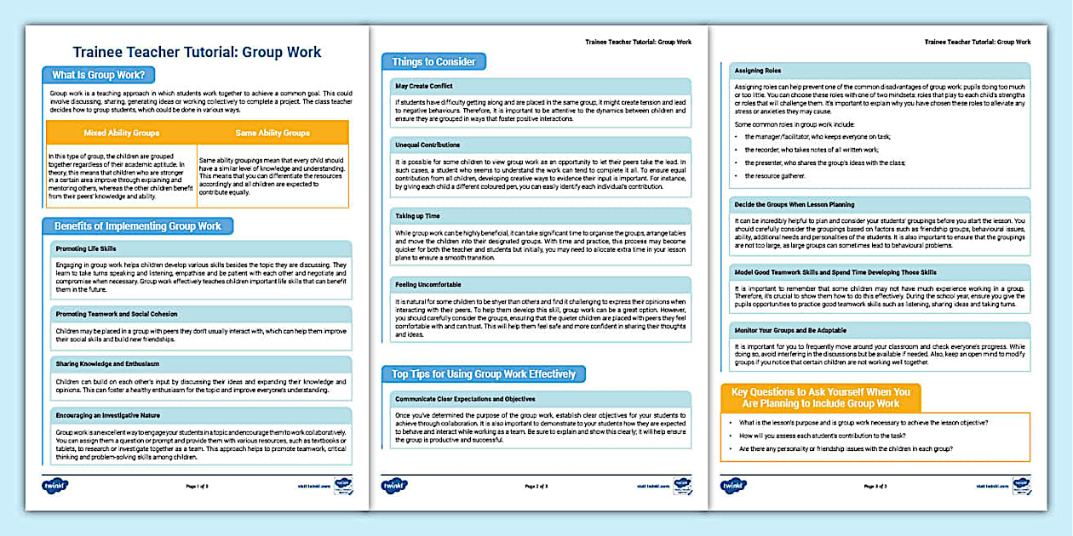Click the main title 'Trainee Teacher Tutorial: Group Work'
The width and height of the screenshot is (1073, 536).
click(197, 52)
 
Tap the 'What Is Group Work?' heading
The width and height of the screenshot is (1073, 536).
click(98, 74)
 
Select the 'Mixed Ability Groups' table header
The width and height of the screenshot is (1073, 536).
click(122, 133)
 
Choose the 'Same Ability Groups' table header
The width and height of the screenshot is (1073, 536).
click(273, 133)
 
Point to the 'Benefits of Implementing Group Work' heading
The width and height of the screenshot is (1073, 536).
click(137, 226)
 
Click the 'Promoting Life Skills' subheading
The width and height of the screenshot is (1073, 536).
click(85, 248)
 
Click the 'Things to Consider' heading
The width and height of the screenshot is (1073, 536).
click(433, 62)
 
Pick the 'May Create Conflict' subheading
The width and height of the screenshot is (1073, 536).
click(424, 86)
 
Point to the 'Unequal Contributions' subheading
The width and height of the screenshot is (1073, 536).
click(427, 145)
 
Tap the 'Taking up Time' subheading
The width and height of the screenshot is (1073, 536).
click(418, 216)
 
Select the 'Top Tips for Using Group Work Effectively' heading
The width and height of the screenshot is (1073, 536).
click(483, 374)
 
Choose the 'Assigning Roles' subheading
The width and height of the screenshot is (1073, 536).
click(757, 71)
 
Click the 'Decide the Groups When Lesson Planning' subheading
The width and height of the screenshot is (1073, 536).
click(794, 204)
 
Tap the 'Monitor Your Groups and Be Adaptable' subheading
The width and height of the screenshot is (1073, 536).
click(789, 329)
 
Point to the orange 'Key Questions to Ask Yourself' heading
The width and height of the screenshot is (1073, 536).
click(820, 397)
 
